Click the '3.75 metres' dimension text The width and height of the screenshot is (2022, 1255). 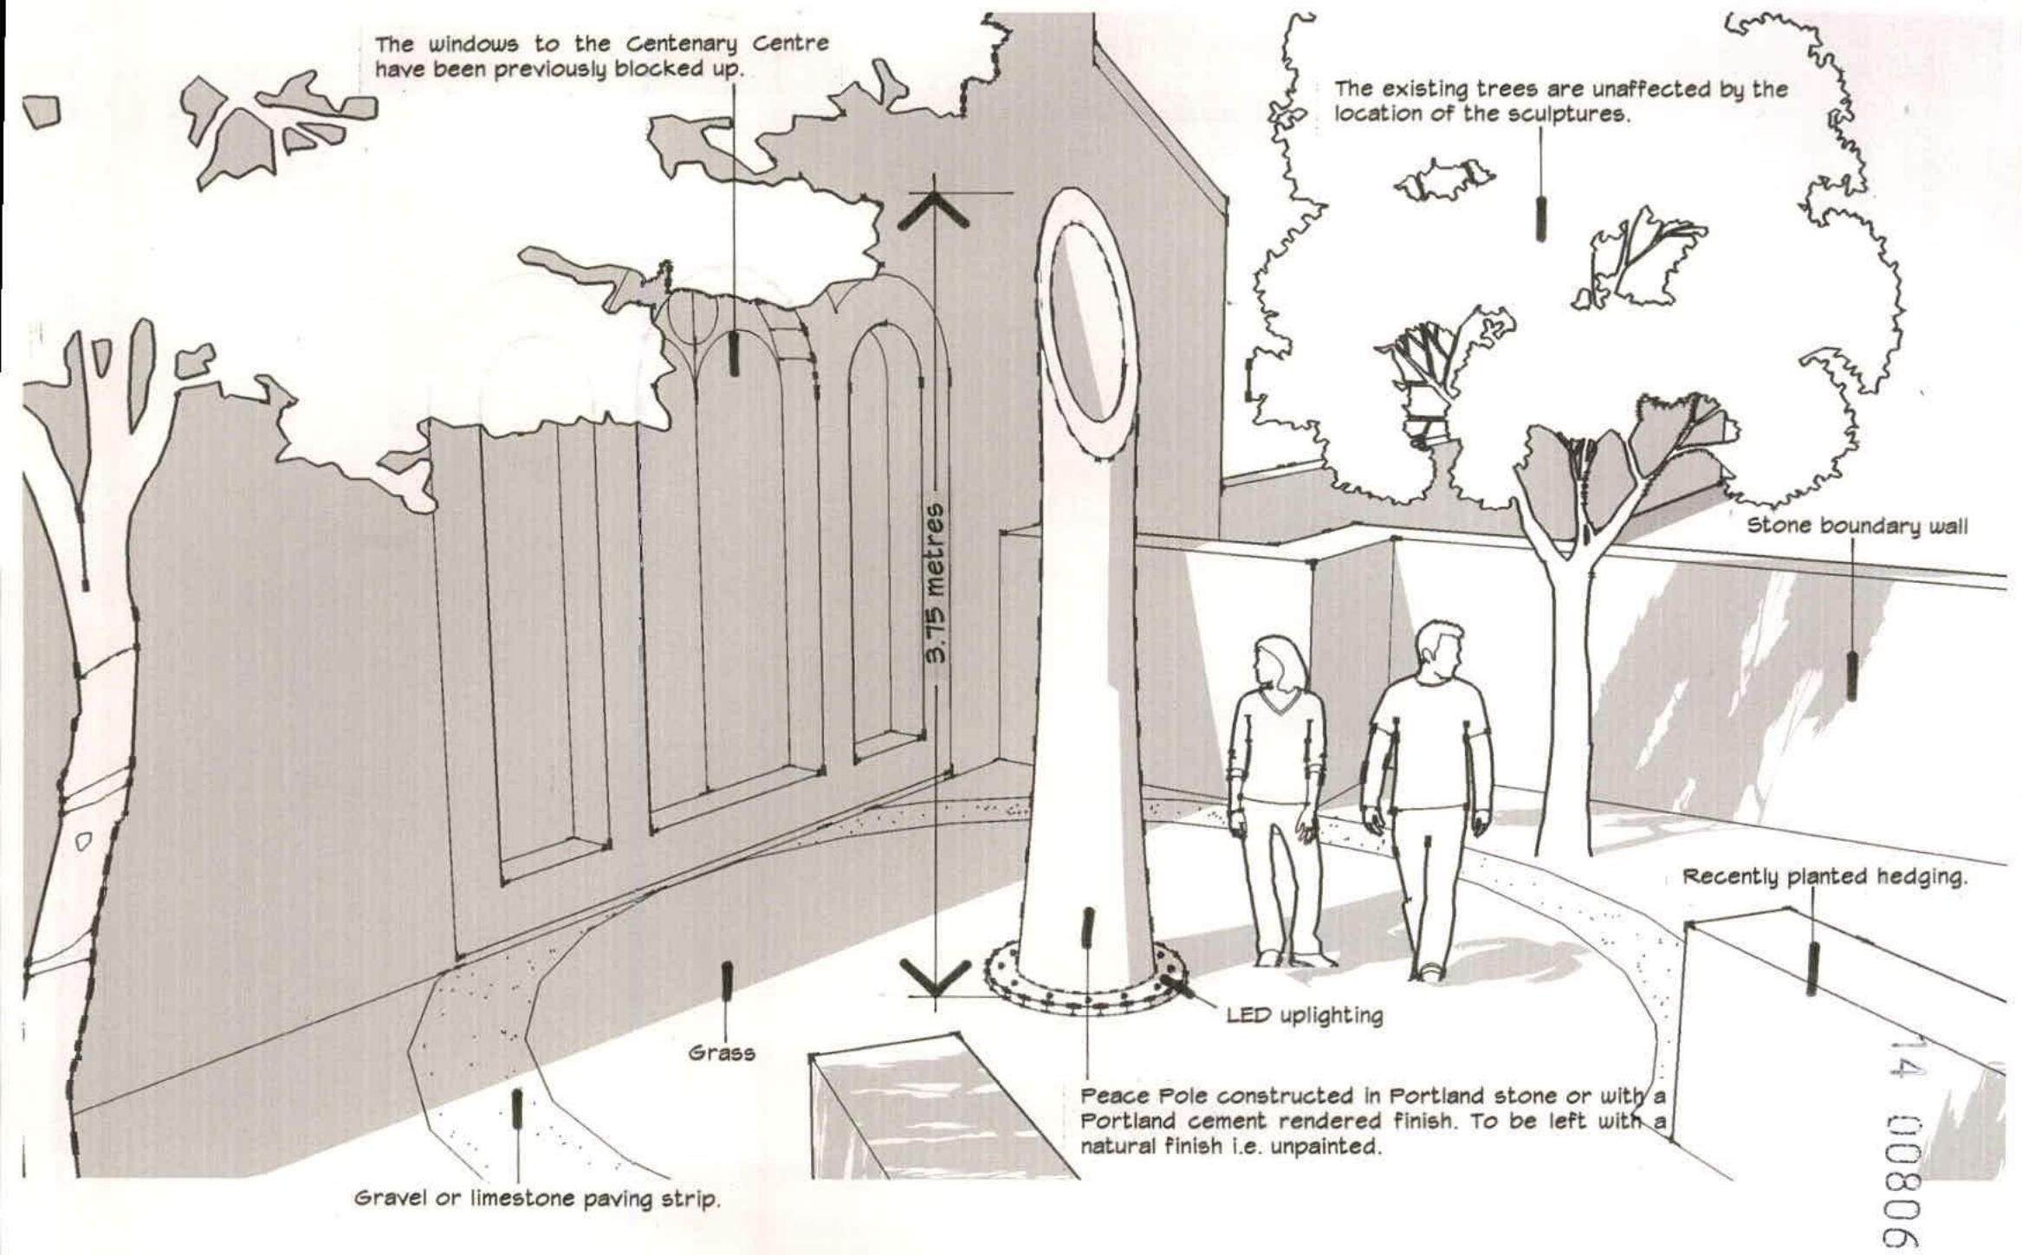(934, 584)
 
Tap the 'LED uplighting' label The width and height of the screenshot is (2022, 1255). (1304, 1015)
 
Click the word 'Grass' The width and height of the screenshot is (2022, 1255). (721, 1053)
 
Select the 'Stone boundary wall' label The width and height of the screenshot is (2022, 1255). (1857, 527)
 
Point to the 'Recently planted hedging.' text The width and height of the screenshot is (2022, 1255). (1824, 877)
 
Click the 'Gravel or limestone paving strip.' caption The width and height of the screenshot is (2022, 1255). (537, 1200)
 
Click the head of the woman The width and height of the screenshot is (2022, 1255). (1279, 663)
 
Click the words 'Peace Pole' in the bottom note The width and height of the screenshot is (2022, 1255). (1130, 1096)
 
